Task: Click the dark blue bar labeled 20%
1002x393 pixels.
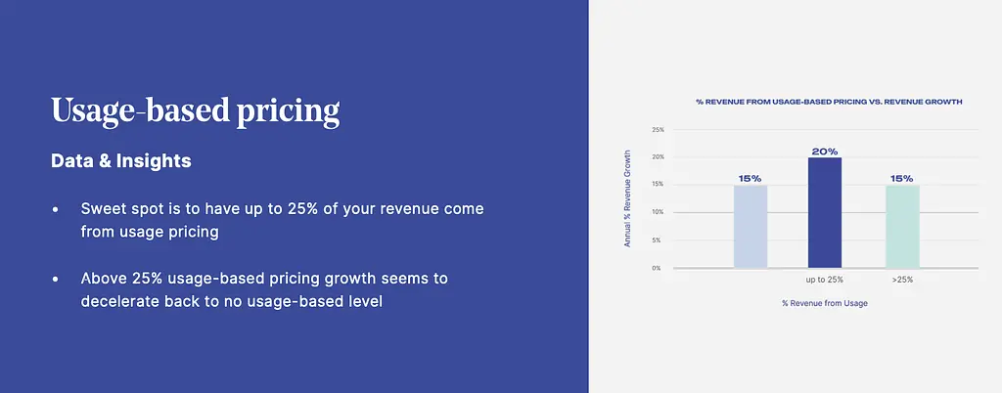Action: pos(824,212)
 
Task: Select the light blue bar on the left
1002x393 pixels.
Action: pos(751,227)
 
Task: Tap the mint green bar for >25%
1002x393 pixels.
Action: pos(902,227)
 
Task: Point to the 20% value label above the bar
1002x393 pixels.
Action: pos(824,152)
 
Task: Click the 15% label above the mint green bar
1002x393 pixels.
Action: pos(901,179)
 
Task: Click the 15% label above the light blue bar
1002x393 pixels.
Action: pos(751,179)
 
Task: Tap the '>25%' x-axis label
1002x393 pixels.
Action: pos(902,280)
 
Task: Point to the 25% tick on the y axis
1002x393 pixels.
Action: pos(659,129)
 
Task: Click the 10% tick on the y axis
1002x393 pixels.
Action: pos(659,212)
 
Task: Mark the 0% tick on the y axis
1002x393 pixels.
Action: pos(657,268)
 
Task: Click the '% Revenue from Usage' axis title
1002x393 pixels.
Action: pos(824,303)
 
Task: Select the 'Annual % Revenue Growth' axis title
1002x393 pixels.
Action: pos(627,198)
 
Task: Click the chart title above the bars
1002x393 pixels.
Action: pos(829,102)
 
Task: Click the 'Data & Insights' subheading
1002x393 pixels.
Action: pos(120,160)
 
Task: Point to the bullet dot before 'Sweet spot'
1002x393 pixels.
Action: pos(56,209)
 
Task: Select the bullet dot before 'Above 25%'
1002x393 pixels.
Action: pos(56,279)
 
